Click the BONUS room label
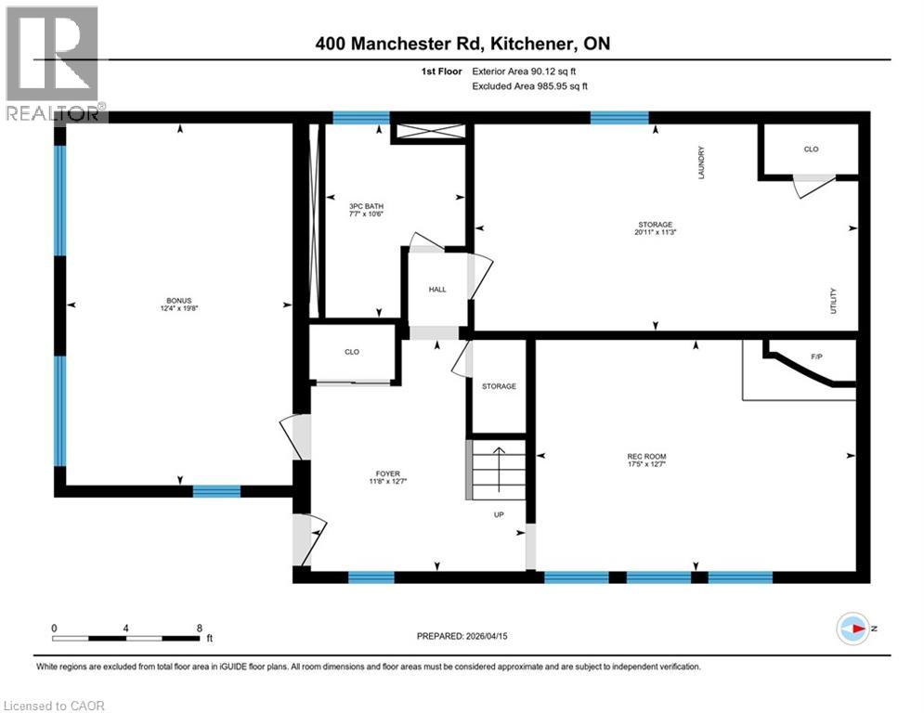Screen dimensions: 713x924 (178, 301)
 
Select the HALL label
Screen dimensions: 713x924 (437, 290)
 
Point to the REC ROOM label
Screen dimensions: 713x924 (646, 456)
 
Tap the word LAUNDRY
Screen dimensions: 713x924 (703, 162)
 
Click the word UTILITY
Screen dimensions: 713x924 (834, 301)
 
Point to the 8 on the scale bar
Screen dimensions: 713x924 (200, 628)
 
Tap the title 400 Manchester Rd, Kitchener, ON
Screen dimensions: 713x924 (462, 44)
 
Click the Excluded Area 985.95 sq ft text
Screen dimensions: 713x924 (530, 85)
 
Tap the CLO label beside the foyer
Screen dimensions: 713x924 (352, 352)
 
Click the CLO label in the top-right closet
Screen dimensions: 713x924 (811, 149)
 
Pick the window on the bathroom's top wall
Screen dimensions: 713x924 (361, 118)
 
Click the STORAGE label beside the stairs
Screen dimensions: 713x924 (499, 386)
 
